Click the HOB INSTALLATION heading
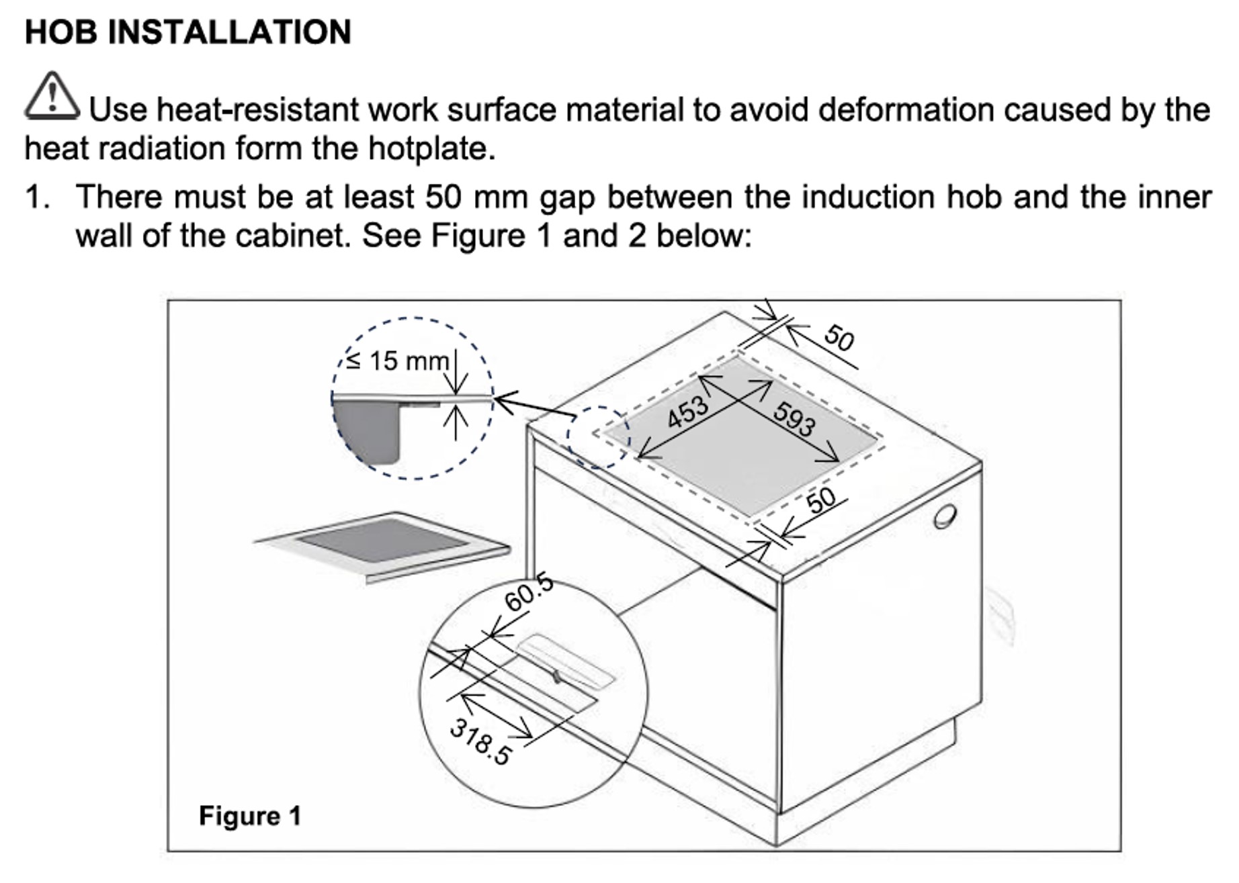[187, 32]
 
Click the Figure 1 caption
[250, 816]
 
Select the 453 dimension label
[687, 412]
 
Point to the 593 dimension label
[794, 418]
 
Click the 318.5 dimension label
[480, 741]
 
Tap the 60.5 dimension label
[529, 592]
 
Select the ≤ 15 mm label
[397, 361]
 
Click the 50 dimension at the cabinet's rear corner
[839, 337]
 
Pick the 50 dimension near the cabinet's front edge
[821, 500]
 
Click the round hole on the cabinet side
[944, 517]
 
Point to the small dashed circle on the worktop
[598, 436]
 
